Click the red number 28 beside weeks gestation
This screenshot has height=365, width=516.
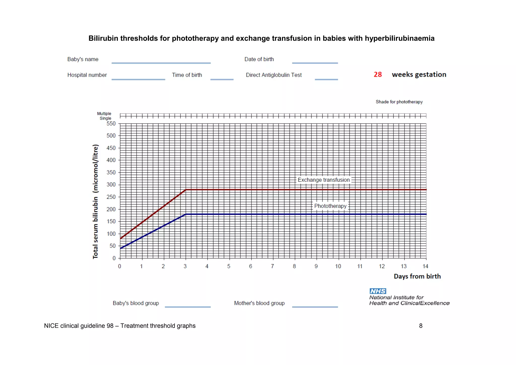[377, 75]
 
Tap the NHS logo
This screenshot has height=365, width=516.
[378, 291]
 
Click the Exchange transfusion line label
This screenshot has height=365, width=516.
[324, 180]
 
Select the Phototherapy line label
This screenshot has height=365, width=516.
[330, 206]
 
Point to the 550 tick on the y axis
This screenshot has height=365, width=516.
[111, 124]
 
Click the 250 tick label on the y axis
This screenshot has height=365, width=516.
[111, 197]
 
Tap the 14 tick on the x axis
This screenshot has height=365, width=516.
[425, 266]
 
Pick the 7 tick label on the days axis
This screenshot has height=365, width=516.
[272, 266]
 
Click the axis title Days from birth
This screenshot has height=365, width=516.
[417, 276]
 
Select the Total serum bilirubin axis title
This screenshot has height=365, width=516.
[95, 202]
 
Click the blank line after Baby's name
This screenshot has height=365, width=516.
[161, 63]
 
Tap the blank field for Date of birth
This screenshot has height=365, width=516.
[315, 63]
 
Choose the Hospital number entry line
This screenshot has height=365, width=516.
[138, 79]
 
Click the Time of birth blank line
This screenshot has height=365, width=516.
[222, 79]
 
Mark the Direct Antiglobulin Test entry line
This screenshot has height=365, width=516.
[326, 79]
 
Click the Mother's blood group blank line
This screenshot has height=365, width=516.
[315, 307]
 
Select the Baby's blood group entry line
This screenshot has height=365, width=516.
[188, 307]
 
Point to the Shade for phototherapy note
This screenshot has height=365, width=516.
[399, 102]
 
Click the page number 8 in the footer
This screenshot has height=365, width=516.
[421, 326]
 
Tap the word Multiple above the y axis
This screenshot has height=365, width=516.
[104, 114]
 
